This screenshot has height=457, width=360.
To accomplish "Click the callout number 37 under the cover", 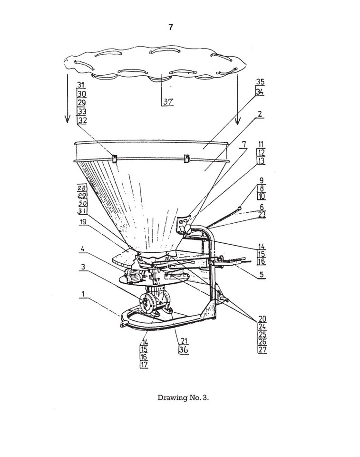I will point(168,101).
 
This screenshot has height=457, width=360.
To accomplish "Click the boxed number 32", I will point(82,121).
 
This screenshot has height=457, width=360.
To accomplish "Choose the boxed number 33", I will point(82,112).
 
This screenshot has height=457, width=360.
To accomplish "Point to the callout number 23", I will point(262,214).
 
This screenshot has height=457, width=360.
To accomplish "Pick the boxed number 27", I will point(262,350).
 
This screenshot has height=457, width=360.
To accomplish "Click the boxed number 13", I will point(262,161).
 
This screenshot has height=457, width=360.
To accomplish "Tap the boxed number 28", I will point(81,188).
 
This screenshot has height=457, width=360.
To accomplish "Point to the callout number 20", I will point(262,318).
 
